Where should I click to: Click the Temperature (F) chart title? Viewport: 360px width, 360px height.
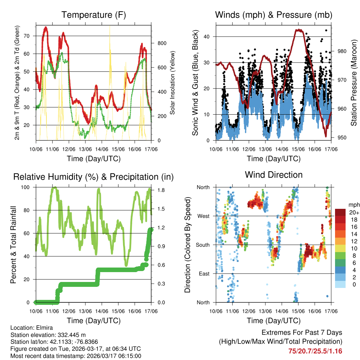point(94,15)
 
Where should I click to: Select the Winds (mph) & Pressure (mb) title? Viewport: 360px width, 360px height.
point(274,15)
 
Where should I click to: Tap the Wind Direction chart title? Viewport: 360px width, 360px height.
point(274,175)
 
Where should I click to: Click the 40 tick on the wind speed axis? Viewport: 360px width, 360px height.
point(210,37)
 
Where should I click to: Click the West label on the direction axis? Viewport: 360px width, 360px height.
point(203,216)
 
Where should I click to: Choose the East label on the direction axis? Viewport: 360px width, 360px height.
point(204,274)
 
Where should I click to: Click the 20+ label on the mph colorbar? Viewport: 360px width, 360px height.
point(353,212)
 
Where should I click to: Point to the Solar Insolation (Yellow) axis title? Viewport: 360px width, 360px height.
point(173,83)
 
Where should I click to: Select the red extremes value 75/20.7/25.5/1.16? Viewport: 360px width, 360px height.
point(315,351)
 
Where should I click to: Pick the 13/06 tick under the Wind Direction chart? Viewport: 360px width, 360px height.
point(265,311)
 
